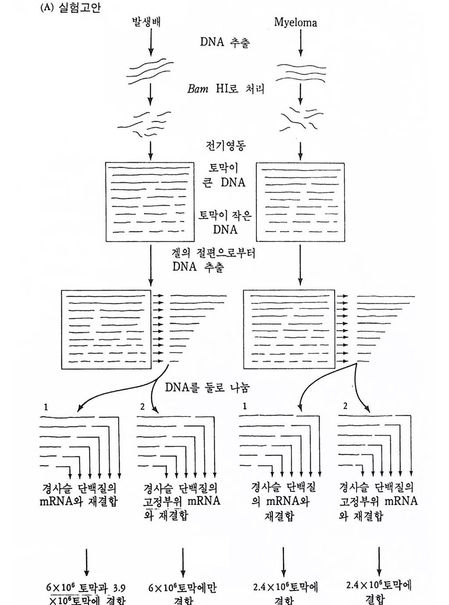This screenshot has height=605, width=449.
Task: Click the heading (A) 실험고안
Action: [70, 7]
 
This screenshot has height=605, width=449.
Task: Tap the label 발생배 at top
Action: [146, 21]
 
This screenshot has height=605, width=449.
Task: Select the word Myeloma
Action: [295, 22]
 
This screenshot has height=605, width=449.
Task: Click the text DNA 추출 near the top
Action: [224, 42]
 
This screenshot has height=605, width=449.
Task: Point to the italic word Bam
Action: [198, 89]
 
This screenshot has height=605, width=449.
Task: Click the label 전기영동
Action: [225, 145]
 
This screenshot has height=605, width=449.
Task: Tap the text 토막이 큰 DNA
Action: [224, 175]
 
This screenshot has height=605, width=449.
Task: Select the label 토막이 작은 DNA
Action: [225, 222]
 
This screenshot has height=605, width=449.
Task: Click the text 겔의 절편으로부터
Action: [213, 253]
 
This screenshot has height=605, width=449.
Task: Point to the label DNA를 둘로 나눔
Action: [207, 387]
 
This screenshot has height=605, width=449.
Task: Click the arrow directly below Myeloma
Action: [300, 43]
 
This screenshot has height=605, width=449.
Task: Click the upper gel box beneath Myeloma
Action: [300, 202]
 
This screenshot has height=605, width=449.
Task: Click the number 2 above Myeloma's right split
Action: [345, 406]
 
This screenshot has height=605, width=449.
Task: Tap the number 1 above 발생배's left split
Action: [46, 407]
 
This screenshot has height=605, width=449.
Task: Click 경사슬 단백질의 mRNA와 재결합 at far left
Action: [79, 495]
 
